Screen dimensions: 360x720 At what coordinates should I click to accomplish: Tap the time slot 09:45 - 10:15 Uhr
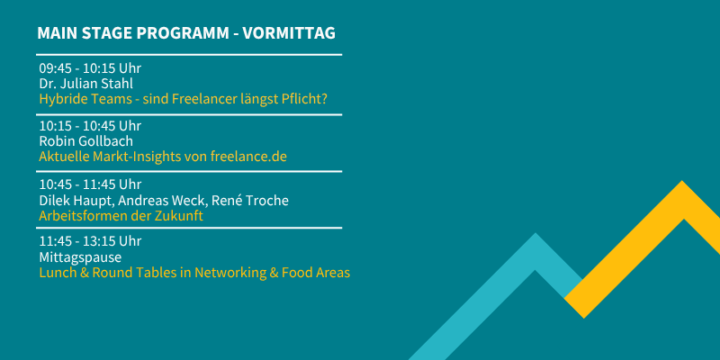tap(90, 68)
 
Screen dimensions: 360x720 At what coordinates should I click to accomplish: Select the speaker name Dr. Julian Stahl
tap(85, 84)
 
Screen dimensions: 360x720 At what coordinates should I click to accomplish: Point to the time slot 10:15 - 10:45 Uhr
tap(90, 126)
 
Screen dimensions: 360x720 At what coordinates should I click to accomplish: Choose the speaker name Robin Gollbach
tap(85, 141)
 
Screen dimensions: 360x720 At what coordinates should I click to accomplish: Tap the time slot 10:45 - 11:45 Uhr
tap(90, 184)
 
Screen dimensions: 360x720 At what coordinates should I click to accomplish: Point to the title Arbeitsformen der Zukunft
tap(121, 216)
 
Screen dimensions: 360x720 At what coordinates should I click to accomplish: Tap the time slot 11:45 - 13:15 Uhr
tap(90, 241)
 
